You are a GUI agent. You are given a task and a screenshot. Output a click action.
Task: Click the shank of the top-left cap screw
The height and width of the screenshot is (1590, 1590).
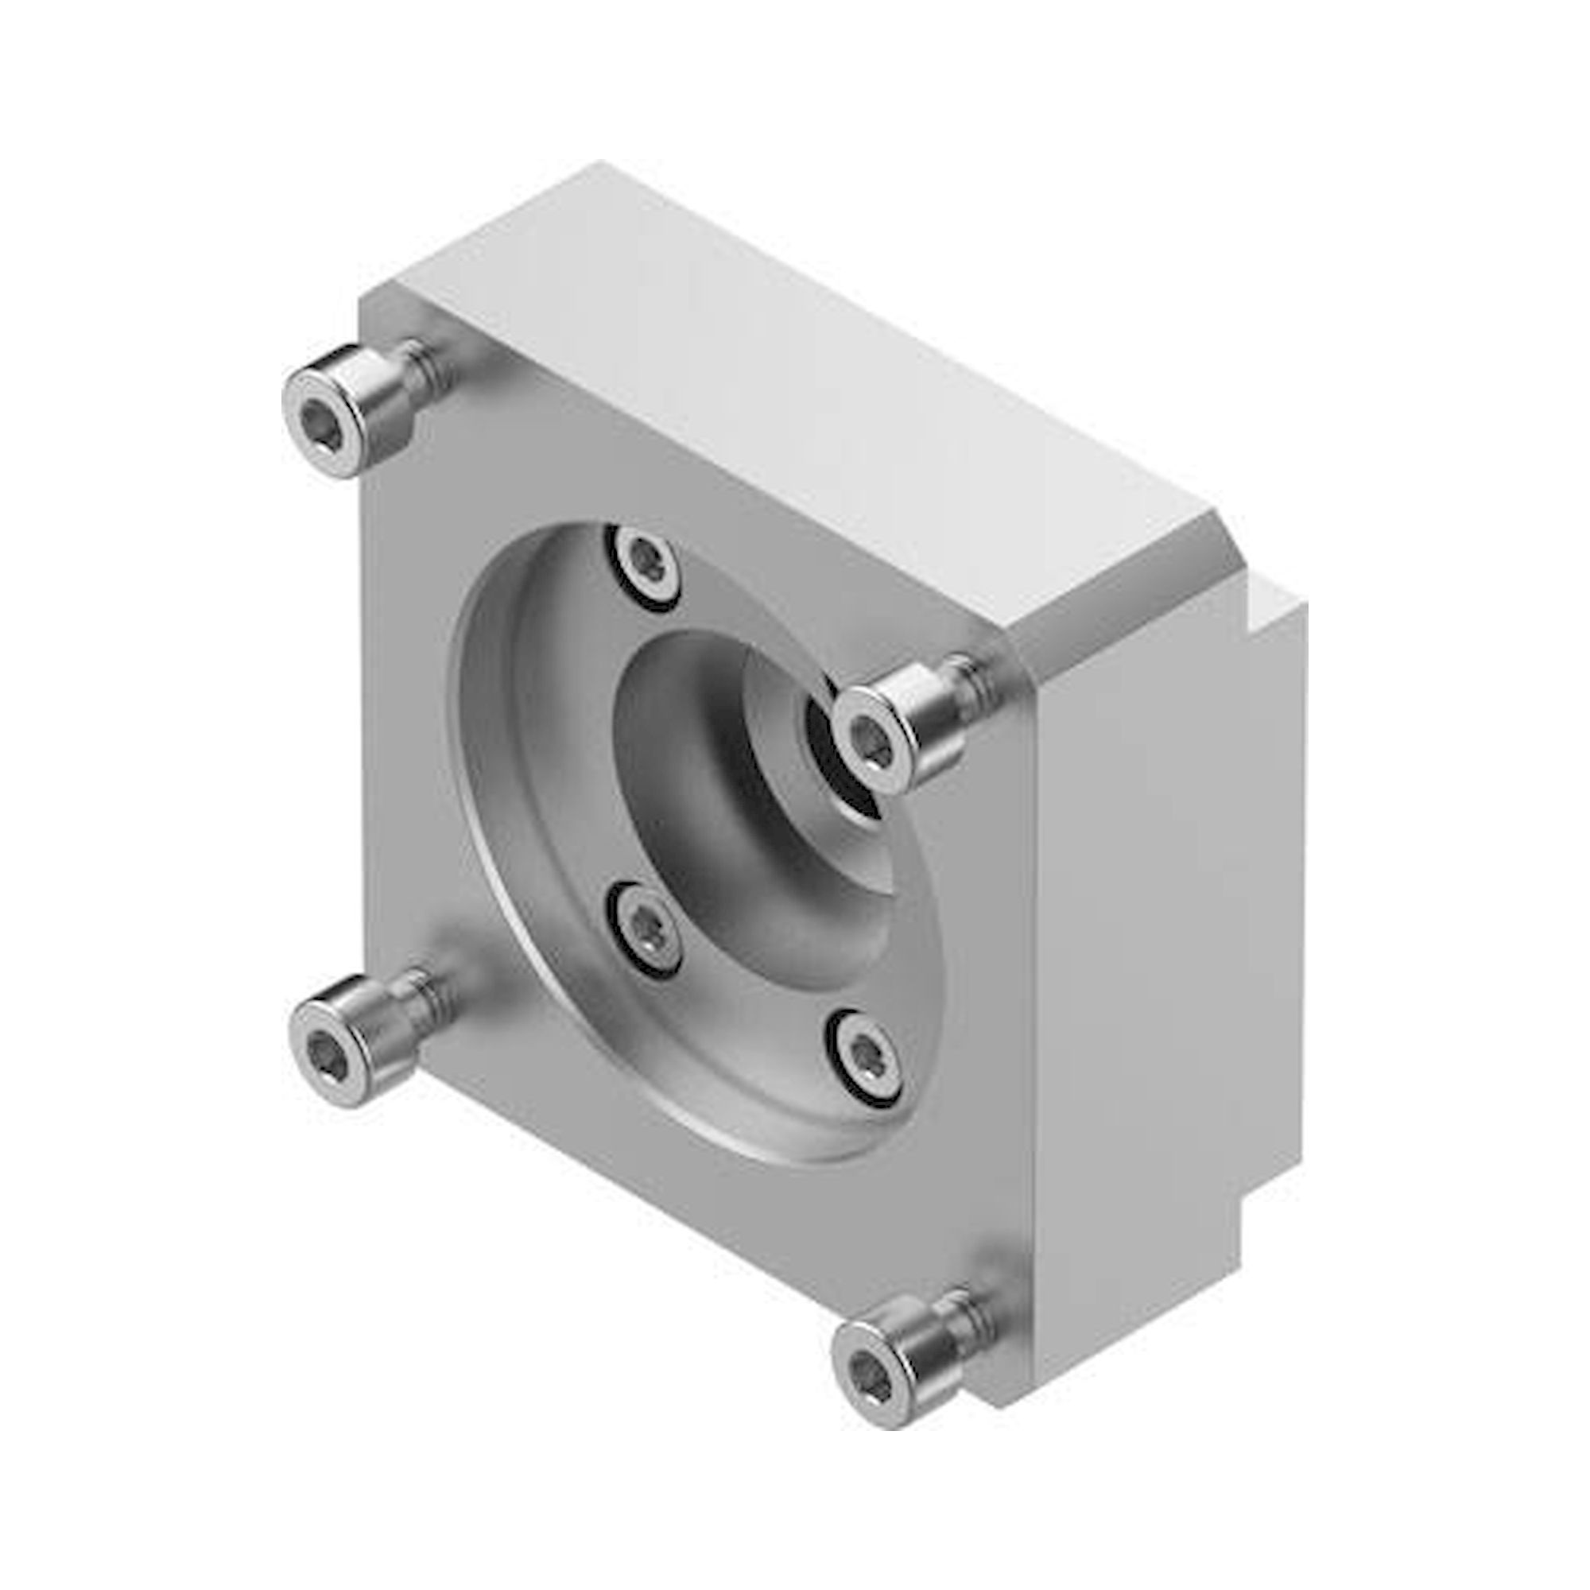click(427, 370)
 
